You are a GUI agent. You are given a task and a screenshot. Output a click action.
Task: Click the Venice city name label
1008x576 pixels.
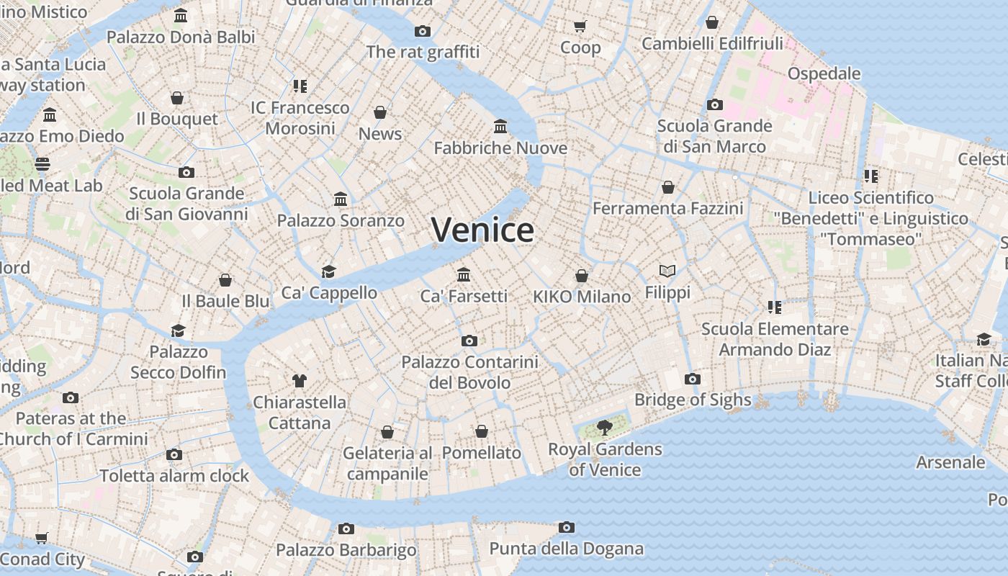click(x=482, y=230)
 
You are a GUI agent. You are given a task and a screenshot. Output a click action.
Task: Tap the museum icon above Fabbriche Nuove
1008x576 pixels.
click(x=500, y=127)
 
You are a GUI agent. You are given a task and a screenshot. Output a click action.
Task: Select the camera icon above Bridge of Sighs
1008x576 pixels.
click(x=693, y=379)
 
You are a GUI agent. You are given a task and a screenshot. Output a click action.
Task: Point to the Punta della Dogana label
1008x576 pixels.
click(x=567, y=549)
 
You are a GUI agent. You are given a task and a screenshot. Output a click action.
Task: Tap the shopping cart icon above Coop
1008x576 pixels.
click(x=580, y=27)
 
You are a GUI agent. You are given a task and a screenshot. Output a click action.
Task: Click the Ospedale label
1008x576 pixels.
click(x=824, y=73)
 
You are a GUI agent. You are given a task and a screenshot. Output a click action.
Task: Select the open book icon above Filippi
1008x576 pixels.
click(x=667, y=271)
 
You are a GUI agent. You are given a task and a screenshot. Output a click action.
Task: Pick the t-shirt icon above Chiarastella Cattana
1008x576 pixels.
click(x=300, y=381)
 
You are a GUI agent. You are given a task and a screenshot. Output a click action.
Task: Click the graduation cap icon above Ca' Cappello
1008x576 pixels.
click(x=329, y=271)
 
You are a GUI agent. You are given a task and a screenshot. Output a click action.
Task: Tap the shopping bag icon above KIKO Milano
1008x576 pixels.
click(x=582, y=276)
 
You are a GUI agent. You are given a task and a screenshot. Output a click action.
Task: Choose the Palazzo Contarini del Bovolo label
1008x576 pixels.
click(x=469, y=372)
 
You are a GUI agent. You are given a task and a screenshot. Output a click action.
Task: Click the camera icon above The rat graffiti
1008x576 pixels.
click(x=423, y=31)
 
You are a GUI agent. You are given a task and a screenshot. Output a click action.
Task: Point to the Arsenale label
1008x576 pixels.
click(x=950, y=462)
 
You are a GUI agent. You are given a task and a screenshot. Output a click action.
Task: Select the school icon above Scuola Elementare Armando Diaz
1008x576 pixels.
click(x=775, y=307)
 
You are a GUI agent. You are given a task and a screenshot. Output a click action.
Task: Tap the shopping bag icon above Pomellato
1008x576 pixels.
click(x=482, y=431)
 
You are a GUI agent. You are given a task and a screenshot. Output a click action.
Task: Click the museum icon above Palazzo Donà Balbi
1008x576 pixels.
click(x=181, y=15)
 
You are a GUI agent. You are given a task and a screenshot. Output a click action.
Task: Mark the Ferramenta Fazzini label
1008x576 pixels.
click(x=667, y=209)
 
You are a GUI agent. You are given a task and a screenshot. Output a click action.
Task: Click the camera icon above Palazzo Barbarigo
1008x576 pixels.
click(x=346, y=529)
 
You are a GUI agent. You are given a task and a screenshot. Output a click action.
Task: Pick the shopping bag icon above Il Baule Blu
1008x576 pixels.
click(x=225, y=280)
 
